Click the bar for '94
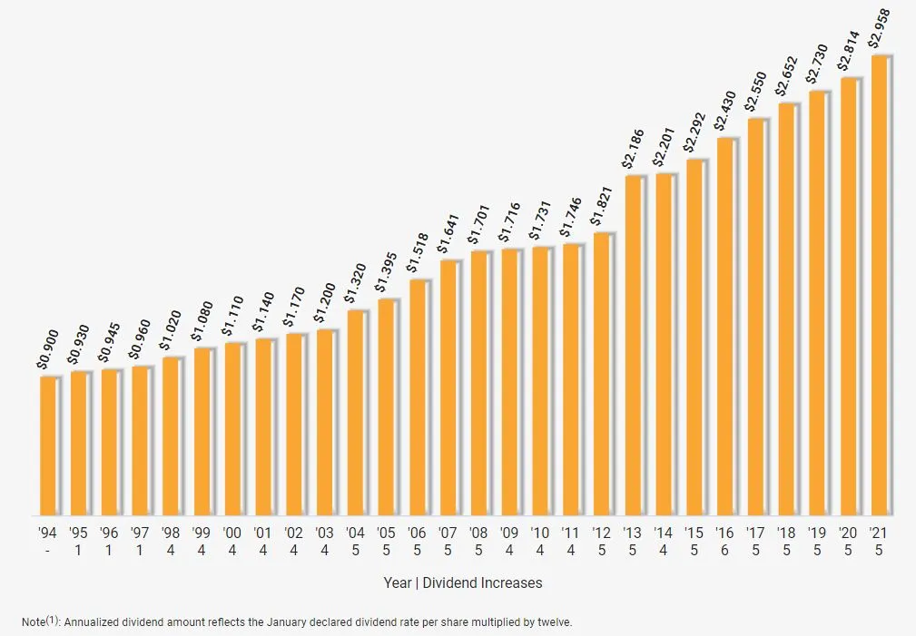[x=49, y=445]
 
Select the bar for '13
[x=635, y=346]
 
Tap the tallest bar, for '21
[x=881, y=286]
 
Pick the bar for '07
[x=449, y=388]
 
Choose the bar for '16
[x=726, y=327]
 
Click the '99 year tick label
[x=202, y=533]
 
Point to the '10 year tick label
[x=540, y=533]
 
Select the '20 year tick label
[x=848, y=533]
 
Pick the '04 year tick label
[x=356, y=533]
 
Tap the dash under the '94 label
[x=47, y=550]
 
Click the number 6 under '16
[x=725, y=550]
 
